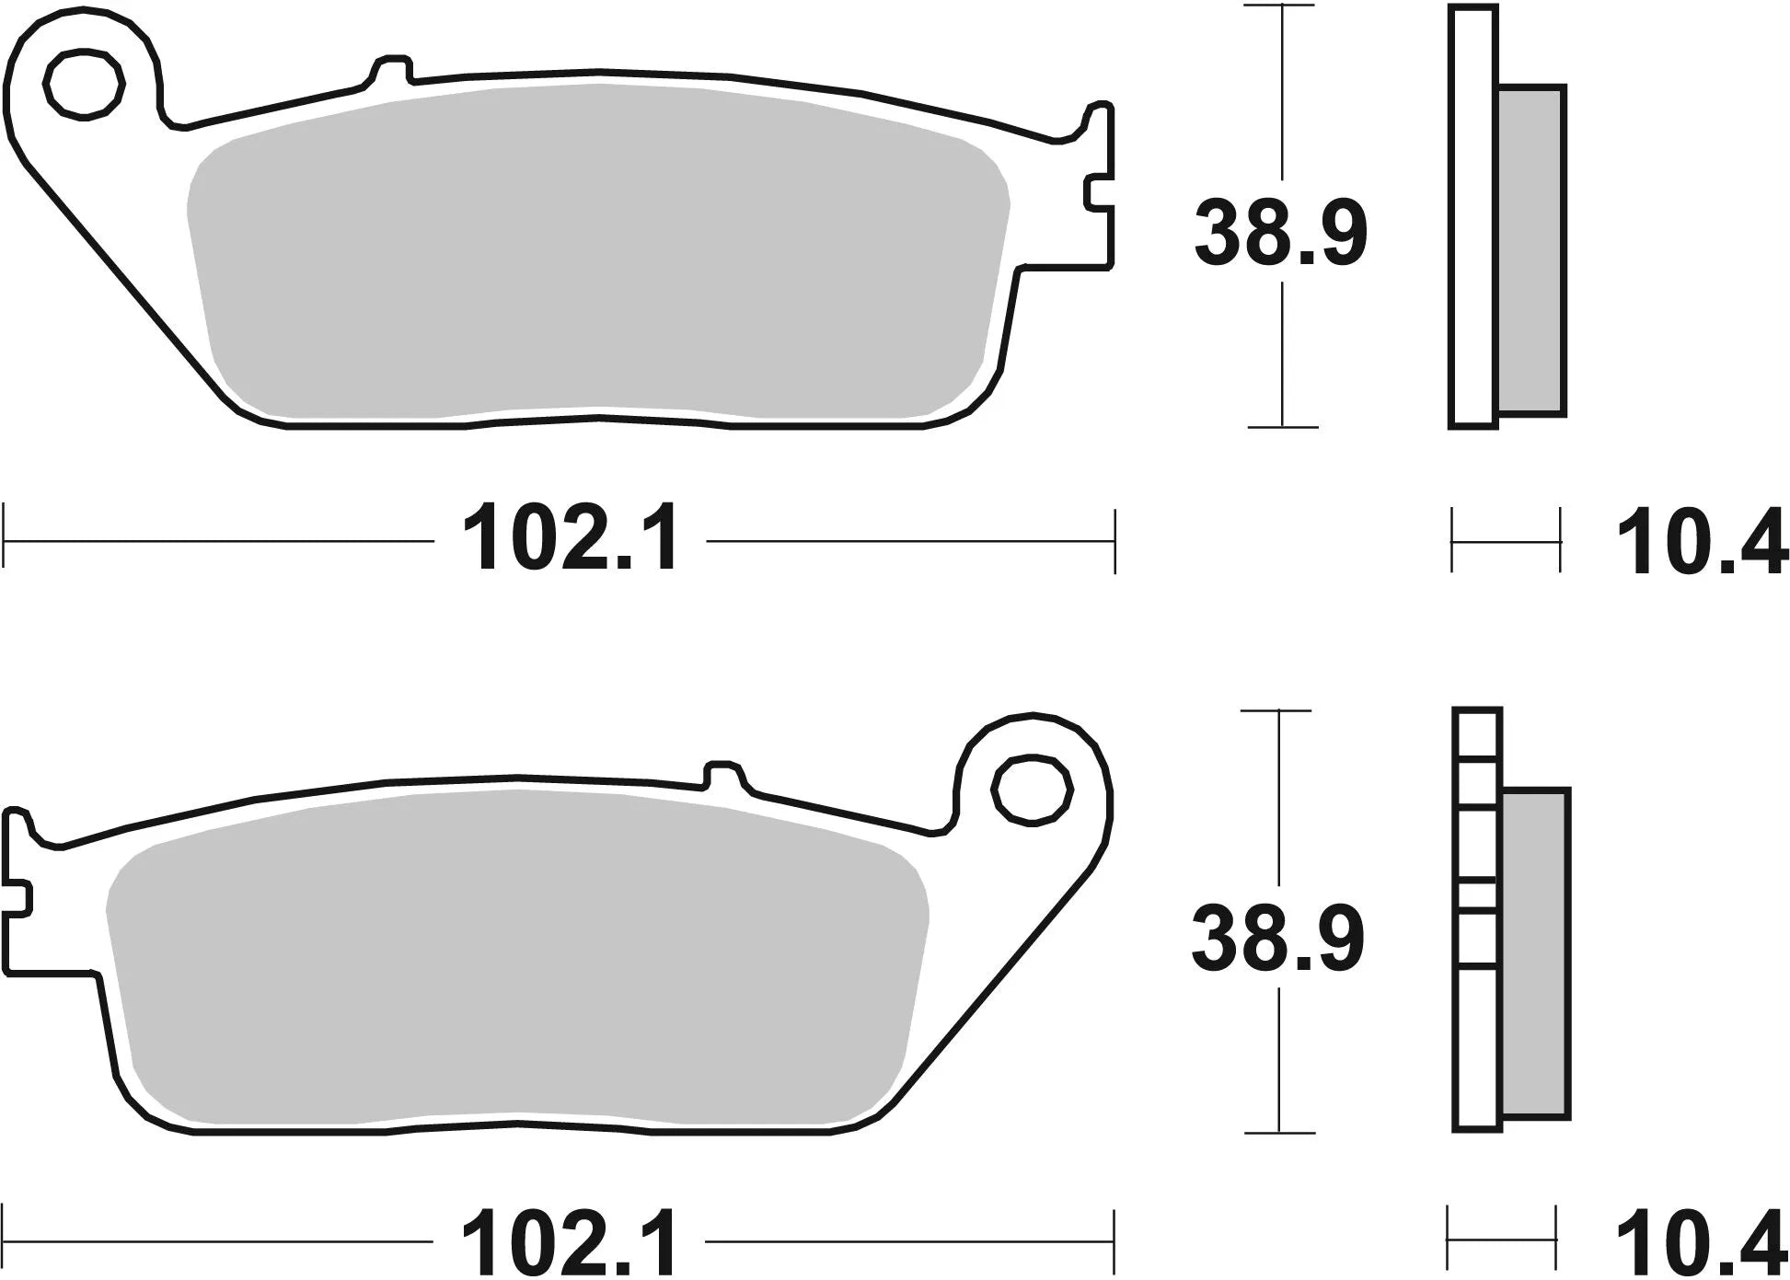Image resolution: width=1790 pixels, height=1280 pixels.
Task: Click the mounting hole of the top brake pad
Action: (x=84, y=86)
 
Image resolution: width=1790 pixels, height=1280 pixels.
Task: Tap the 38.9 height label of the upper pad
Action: (x=1280, y=236)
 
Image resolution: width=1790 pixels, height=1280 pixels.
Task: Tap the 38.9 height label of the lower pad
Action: (x=1276, y=939)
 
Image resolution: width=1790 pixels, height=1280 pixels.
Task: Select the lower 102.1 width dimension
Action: (x=571, y=1241)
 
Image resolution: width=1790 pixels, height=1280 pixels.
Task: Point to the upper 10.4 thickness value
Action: (x=1701, y=546)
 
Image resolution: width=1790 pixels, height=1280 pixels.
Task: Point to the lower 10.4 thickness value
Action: (x=1701, y=1244)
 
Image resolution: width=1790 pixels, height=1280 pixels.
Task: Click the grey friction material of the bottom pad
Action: (x=515, y=957)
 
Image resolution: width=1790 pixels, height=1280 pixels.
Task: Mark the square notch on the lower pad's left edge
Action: (x=18, y=896)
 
